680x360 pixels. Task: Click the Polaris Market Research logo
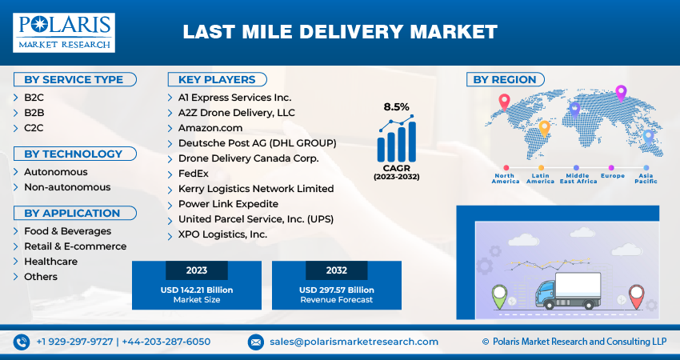pyautogui.click(x=63, y=33)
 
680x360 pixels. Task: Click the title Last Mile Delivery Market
pyautogui.click(x=340, y=32)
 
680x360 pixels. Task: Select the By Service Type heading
pyautogui.click(x=74, y=79)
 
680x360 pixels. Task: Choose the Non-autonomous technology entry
pyautogui.click(x=67, y=187)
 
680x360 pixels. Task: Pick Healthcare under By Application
pyautogui.click(x=50, y=262)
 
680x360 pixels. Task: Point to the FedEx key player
pyautogui.click(x=193, y=174)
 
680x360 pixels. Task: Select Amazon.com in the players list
pyautogui.click(x=210, y=128)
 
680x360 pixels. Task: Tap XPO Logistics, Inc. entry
pyautogui.click(x=222, y=234)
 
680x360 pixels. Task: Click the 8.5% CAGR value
pyautogui.click(x=396, y=106)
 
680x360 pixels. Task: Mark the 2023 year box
pyautogui.click(x=197, y=270)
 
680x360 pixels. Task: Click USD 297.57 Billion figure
pyautogui.click(x=336, y=289)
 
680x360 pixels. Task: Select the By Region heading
pyautogui.click(x=505, y=79)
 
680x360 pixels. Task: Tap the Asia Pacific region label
pyautogui.click(x=646, y=178)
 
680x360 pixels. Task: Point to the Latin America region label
pyautogui.click(x=540, y=178)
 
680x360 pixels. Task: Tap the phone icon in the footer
pyautogui.click(x=21, y=342)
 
